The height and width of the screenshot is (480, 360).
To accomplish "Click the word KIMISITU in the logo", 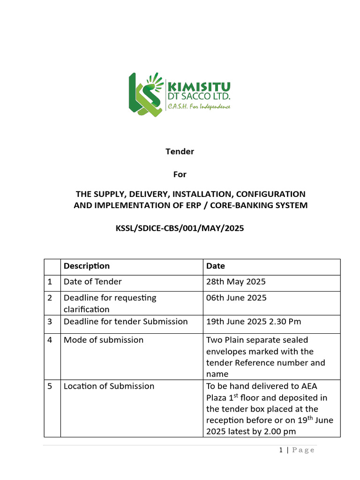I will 199,87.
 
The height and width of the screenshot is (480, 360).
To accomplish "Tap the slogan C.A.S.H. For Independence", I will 199,107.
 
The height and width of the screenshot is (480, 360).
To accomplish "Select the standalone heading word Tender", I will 180,151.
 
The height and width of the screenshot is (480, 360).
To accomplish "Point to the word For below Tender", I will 180,174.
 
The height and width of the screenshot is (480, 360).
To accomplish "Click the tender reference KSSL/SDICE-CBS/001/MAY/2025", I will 180,228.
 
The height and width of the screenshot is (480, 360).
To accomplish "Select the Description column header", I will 87,266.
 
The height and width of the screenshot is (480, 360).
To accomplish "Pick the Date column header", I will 216,266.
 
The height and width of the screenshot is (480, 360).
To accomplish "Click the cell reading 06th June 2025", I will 236,298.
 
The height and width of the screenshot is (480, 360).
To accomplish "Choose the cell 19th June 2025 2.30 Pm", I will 254,322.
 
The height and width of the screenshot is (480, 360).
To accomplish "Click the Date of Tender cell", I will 93,282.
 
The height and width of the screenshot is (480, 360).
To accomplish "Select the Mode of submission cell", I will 104,340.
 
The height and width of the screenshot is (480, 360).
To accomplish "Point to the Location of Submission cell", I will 109,386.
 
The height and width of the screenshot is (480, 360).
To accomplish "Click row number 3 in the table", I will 50,322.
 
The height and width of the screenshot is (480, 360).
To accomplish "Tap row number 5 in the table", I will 50,386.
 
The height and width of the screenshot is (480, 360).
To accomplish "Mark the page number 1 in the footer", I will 281,450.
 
